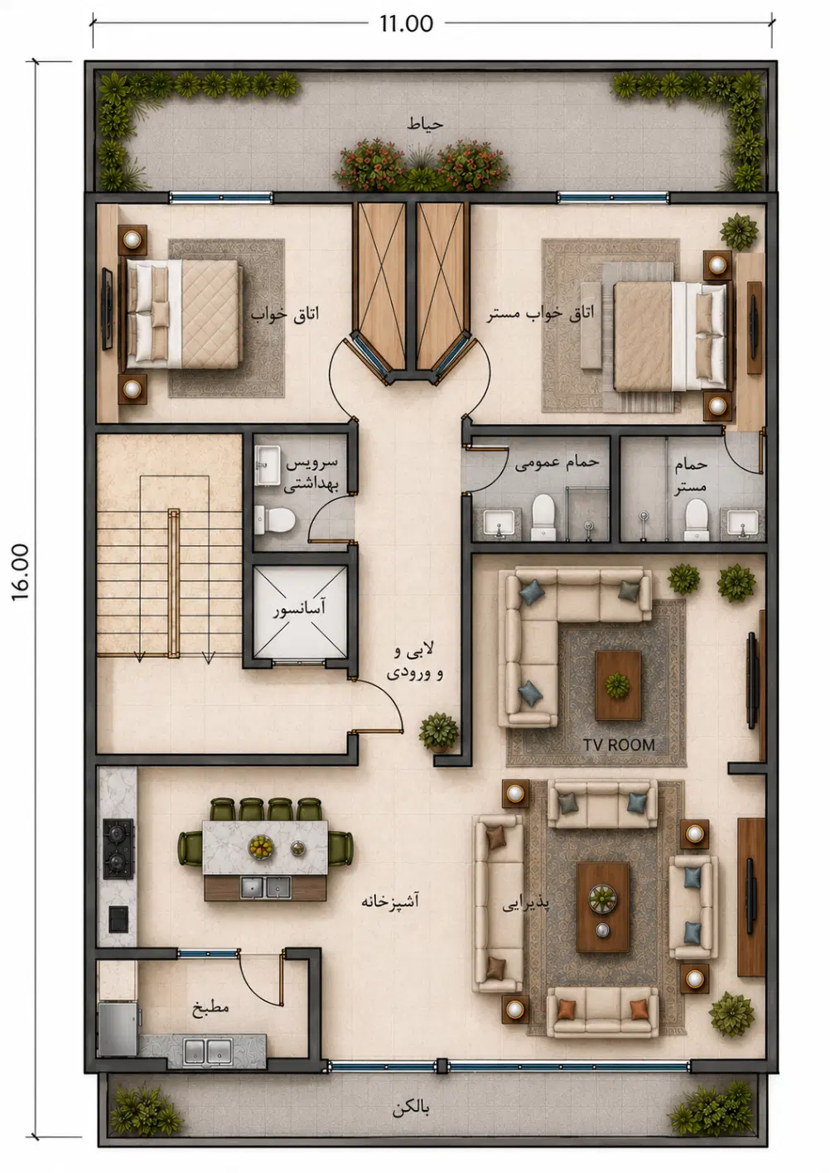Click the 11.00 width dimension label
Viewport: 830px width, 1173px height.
point(407,23)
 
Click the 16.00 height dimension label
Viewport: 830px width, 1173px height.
point(20,572)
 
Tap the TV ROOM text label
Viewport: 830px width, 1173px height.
point(619,745)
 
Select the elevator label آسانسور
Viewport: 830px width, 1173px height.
point(299,609)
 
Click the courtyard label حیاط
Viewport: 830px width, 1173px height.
point(425,123)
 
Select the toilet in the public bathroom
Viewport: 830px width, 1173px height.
point(543,516)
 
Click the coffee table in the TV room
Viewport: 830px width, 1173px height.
point(618,685)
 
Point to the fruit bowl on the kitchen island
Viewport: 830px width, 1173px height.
point(260,847)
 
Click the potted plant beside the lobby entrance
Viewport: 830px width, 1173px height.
point(438,731)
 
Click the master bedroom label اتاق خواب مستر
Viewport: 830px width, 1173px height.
point(540,314)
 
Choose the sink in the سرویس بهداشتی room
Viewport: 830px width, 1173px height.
point(268,466)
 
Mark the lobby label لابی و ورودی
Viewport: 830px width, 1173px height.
point(415,663)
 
